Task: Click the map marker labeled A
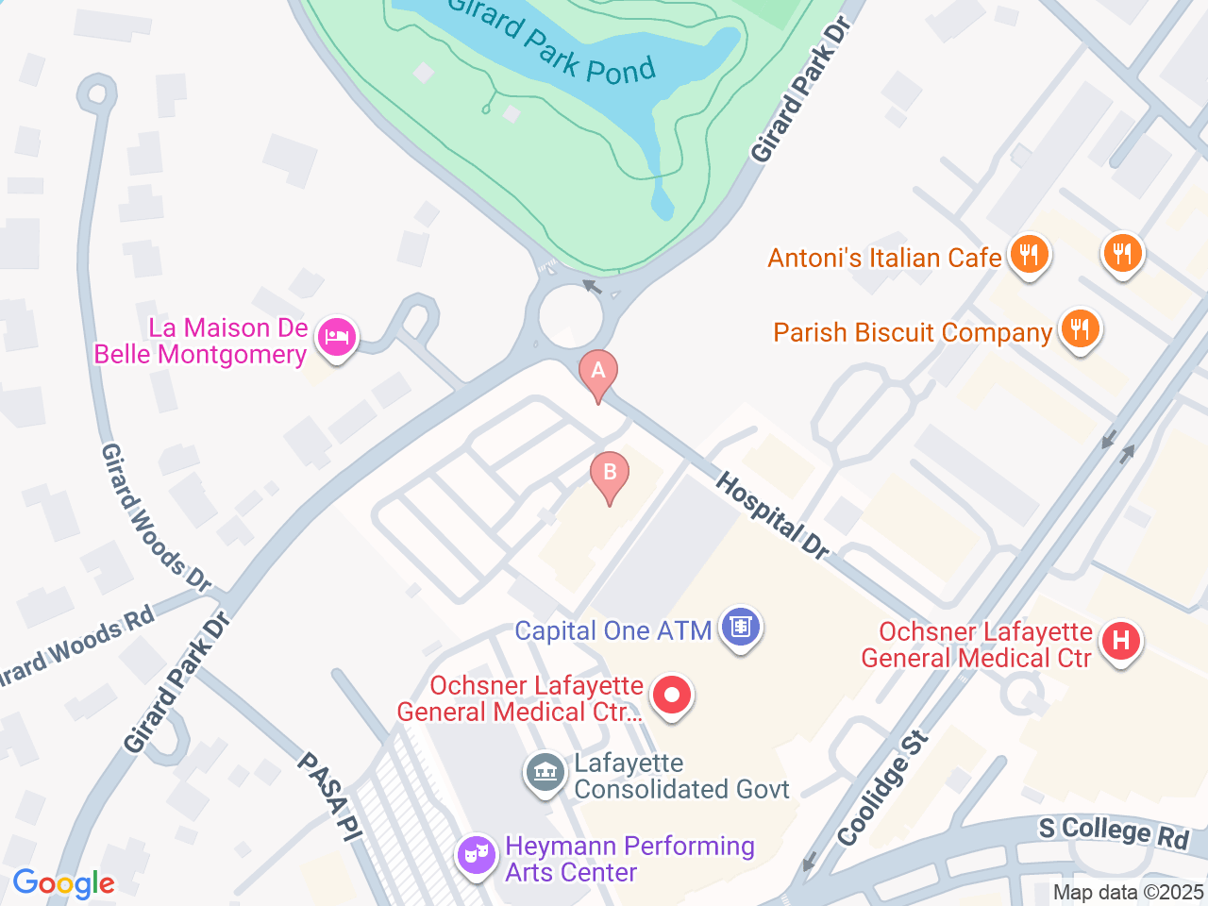click(597, 371)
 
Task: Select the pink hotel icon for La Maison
click(336, 337)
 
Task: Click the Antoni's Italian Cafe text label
click(884, 258)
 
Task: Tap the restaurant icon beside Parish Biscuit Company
click(1080, 329)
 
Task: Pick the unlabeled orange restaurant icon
click(1122, 254)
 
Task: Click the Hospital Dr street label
click(772, 516)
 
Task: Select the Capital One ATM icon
click(741, 628)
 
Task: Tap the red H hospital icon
click(1120, 642)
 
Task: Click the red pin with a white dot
click(672, 696)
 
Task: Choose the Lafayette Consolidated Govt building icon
click(544, 774)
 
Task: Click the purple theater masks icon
click(477, 856)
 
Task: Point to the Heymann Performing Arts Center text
click(629, 859)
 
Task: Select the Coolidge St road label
click(882, 789)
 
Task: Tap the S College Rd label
click(1114, 831)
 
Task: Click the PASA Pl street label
click(330, 795)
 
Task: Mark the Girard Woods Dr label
click(156, 517)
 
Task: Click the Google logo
click(63, 884)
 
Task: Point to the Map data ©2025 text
click(1128, 892)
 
